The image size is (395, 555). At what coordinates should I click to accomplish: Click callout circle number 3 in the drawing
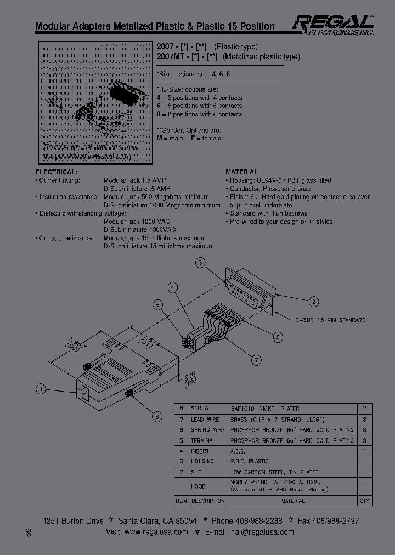[x=201, y=263]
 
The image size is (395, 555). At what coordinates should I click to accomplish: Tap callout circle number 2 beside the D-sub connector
[x=314, y=301]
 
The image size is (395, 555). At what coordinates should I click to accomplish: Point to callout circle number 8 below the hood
[x=157, y=417]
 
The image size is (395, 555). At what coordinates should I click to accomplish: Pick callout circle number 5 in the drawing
[x=279, y=337]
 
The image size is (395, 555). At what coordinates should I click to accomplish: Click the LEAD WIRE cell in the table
[x=204, y=420]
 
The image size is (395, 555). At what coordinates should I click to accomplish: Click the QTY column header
[x=364, y=501]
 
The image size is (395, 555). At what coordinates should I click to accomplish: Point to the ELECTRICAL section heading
[x=55, y=172]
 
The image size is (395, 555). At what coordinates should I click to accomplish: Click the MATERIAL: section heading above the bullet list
[x=242, y=172]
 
